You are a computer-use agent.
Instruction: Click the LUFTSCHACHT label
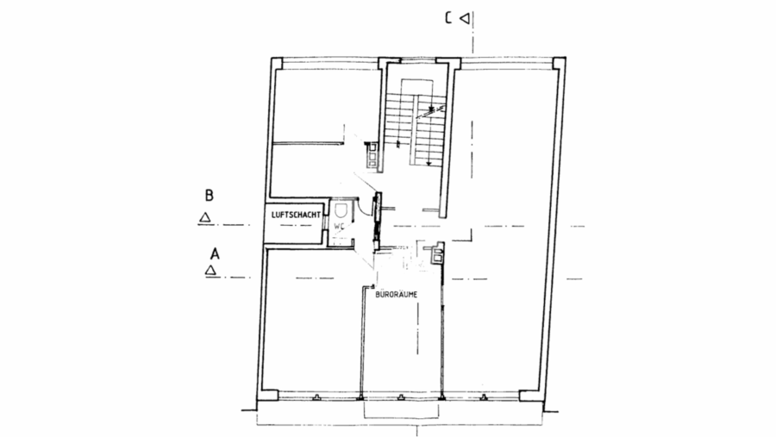click(296, 215)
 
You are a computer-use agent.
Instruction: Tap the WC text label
click(339, 226)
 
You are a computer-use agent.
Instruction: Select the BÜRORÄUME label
click(397, 295)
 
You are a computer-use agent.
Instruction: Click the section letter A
click(215, 254)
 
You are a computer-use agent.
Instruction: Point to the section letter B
click(209, 196)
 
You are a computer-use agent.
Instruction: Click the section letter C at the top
click(447, 18)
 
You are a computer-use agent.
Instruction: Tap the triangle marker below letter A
click(211, 271)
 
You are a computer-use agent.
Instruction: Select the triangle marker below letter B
click(204, 217)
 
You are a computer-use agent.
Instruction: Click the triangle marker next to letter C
click(464, 18)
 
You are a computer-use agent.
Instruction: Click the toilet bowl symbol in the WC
click(340, 211)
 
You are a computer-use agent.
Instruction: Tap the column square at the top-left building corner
click(277, 63)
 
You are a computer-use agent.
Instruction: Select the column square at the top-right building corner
click(559, 63)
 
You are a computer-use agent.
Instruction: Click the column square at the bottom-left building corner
click(269, 395)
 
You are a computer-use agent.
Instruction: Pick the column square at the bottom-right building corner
click(529, 396)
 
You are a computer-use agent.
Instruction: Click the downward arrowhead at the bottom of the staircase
click(429, 163)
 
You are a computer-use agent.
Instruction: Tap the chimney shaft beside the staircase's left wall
click(372, 154)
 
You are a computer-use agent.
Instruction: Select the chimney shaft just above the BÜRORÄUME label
click(437, 254)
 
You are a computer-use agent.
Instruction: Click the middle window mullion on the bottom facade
click(401, 396)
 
